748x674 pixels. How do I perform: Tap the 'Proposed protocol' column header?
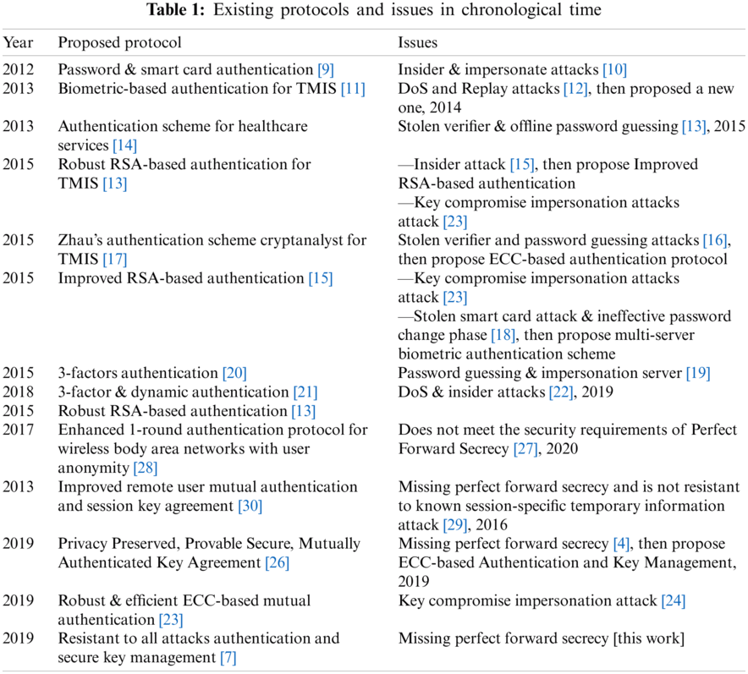click(x=119, y=42)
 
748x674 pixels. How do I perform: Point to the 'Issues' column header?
click(x=418, y=42)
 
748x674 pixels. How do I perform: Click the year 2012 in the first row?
click(x=18, y=70)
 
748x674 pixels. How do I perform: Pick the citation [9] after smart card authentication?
click(x=326, y=70)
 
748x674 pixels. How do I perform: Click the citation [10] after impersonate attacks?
click(x=613, y=70)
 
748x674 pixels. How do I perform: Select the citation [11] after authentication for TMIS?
click(x=353, y=89)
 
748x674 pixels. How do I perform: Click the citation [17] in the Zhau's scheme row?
click(x=115, y=259)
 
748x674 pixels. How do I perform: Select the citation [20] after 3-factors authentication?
click(x=234, y=373)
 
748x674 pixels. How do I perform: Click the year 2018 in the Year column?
click(x=18, y=392)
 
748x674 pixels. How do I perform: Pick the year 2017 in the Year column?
click(x=18, y=430)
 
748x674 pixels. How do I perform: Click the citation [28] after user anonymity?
click(x=145, y=467)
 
